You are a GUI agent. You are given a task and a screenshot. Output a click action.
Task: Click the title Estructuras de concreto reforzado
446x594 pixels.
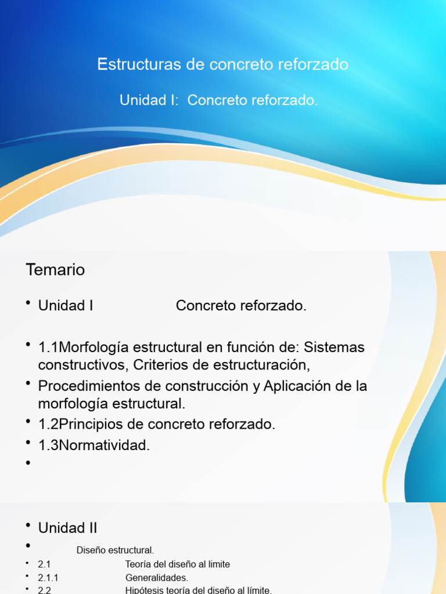pos(223,64)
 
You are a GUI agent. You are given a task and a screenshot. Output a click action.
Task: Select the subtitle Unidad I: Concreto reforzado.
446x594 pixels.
pos(219,100)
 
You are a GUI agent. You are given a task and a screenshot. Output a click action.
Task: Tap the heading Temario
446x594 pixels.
pos(55,270)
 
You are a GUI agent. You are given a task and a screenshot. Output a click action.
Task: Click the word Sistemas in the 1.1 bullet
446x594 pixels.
pos(334,347)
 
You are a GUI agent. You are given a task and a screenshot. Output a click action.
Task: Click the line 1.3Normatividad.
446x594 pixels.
pos(94,445)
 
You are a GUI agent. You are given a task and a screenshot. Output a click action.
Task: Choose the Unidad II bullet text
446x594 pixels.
pos(67,528)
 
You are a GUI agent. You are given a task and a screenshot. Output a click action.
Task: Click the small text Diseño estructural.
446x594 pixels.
pos(115,550)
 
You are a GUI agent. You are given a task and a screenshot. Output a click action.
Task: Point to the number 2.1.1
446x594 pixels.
pos(48,578)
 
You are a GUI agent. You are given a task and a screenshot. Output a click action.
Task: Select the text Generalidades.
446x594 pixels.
pos(157,578)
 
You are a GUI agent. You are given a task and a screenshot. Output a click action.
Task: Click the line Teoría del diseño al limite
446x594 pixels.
pos(178,564)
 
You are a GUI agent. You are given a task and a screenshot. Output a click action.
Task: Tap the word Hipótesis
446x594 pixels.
pos(143,590)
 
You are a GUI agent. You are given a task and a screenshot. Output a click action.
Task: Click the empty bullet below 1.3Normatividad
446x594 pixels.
pos(27,463)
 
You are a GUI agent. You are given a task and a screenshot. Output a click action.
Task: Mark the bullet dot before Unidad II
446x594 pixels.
pos(27,526)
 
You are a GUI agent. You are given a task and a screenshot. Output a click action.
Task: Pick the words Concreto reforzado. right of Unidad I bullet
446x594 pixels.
pos(241,306)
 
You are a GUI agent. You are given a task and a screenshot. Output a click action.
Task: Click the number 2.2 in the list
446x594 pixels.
pos(45,590)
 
